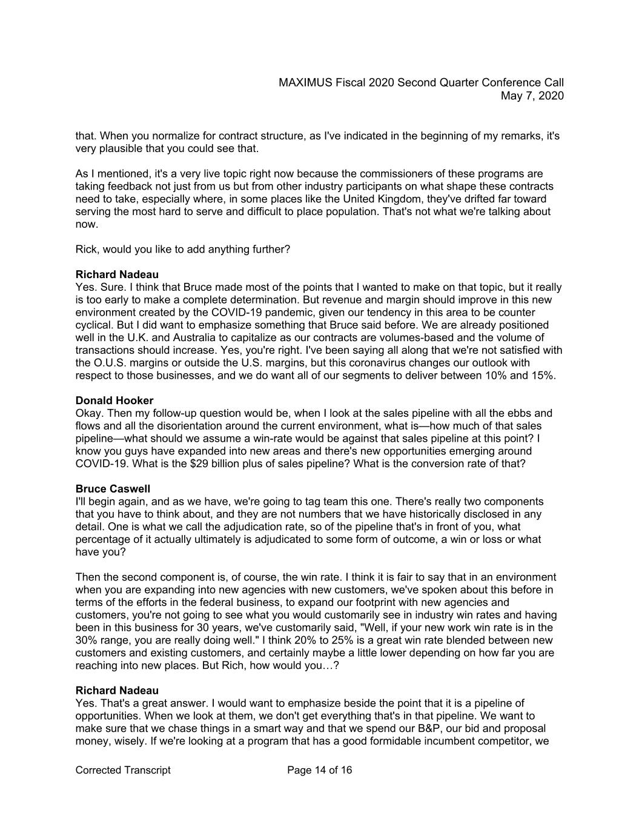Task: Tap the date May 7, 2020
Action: [x=532, y=96]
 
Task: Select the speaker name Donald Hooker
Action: [x=114, y=400]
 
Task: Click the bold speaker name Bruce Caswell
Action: [x=113, y=489]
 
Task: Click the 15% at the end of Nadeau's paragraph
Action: [x=541, y=376]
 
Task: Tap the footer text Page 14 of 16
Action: [x=319, y=770]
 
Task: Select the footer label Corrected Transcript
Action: [x=123, y=770]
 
